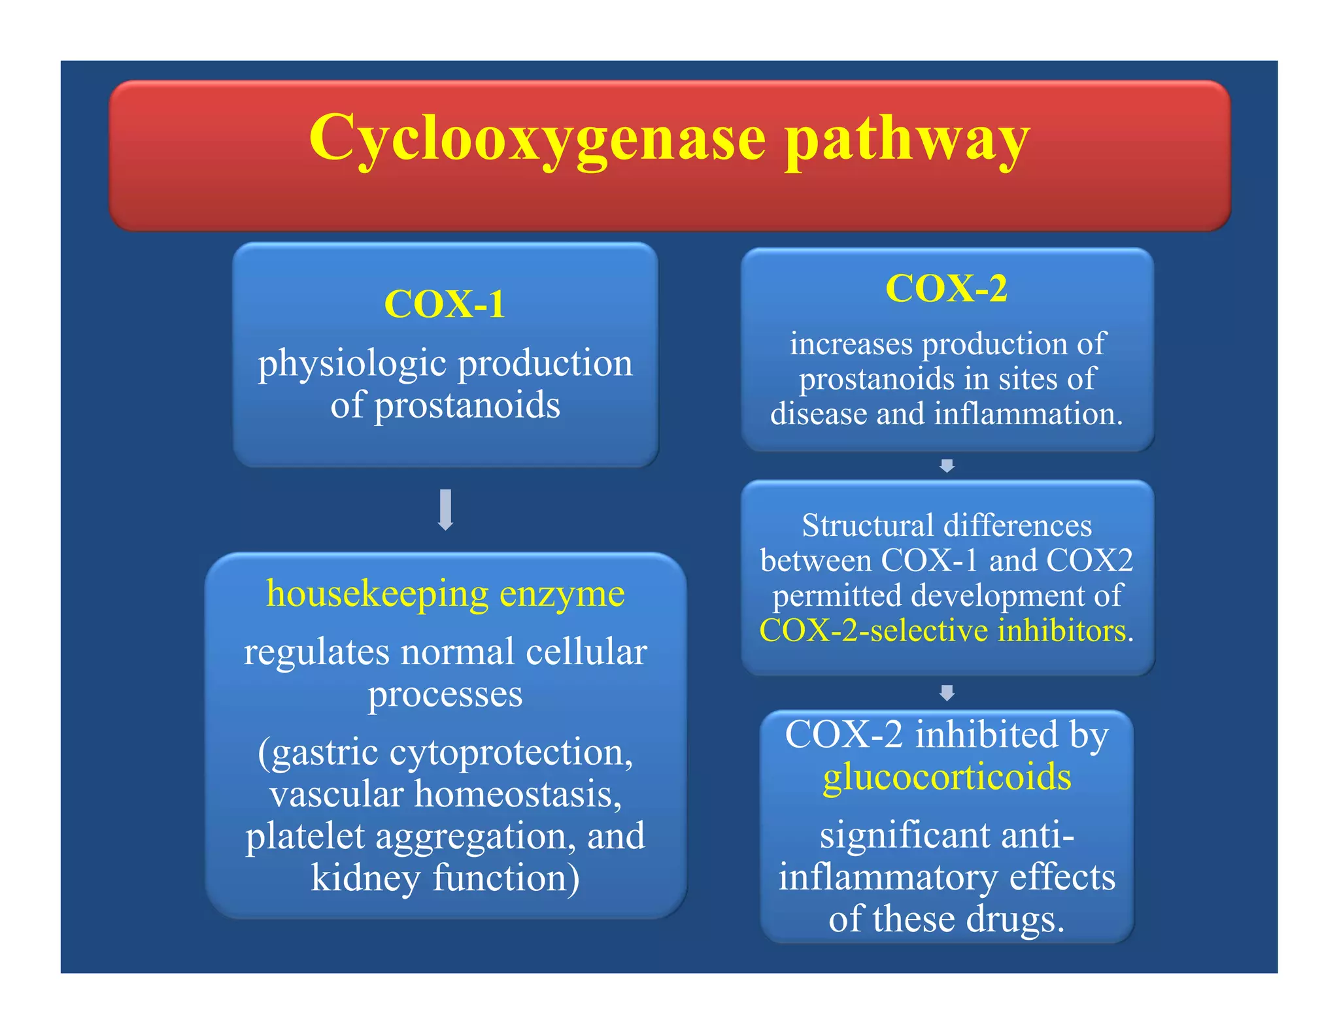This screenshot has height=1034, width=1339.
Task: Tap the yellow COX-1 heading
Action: [445, 305]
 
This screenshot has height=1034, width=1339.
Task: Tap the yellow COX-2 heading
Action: [946, 288]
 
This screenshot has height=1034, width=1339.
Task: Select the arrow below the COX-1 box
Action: [446, 509]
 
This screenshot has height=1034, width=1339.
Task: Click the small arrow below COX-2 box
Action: [947, 465]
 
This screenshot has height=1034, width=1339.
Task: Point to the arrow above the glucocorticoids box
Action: [947, 692]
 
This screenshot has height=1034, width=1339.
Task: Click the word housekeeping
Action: [377, 594]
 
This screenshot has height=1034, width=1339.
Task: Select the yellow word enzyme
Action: [562, 594]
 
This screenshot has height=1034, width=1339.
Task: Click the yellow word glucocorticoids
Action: [947, 777]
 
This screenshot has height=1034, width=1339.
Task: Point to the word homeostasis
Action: [517, 794]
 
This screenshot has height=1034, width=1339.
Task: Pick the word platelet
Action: [305, 836]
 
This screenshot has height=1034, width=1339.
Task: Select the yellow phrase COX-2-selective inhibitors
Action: [941, 631]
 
